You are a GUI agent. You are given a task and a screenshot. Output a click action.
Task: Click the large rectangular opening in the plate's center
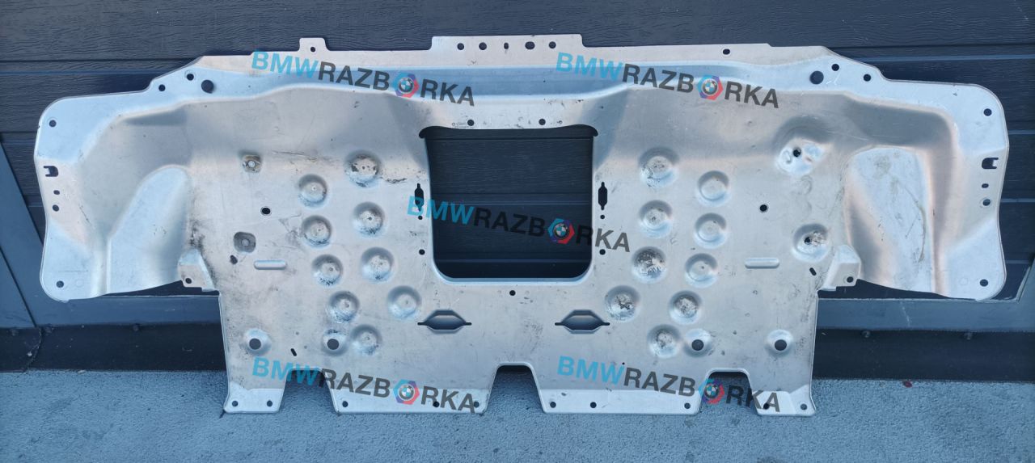click(509, 202)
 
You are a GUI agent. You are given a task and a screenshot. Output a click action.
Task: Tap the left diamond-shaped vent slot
click(445, 321)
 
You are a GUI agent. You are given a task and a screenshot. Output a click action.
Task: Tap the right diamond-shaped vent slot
click(582, 322)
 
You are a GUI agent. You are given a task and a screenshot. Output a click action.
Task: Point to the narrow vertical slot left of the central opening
click(419, 196)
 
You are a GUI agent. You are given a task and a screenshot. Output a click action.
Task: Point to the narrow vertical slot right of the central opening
click(602, 196)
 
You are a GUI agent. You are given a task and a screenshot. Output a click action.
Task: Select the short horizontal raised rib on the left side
click(270, 264)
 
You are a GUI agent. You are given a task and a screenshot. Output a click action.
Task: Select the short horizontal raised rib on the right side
click(762, 263)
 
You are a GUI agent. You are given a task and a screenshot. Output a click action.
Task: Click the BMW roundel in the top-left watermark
click(407, 86)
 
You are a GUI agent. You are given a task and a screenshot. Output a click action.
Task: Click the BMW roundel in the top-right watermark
click(710, 87)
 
